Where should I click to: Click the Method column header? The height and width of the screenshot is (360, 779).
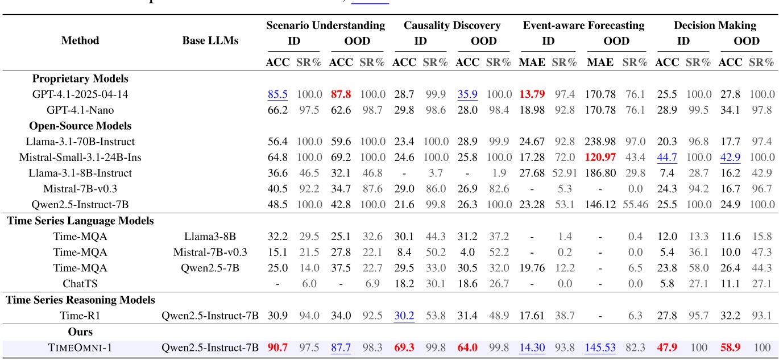click(80, 40)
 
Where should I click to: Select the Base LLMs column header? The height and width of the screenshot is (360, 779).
click(210, 40)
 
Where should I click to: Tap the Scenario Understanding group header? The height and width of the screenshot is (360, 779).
click(325, 26)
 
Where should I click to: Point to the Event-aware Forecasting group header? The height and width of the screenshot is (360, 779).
click(583, 26)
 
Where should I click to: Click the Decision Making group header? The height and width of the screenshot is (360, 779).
click(715, 26)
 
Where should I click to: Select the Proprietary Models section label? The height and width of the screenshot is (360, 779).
click(80, 78)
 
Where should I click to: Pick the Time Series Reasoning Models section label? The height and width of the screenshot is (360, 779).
click(81, 299)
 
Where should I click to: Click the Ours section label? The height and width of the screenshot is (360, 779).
click(80, 331)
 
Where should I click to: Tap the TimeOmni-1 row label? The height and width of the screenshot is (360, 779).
click(80, 347)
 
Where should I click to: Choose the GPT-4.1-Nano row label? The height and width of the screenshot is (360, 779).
click(80, 110)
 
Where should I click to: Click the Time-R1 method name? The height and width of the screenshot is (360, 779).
click(80, 315)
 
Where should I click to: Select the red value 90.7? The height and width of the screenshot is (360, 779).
click(277, 347)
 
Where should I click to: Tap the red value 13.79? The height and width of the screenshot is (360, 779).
click(532, 94)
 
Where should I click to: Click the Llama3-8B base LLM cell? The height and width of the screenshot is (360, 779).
click(210, 235)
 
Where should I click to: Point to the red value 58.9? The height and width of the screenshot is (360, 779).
click(730, 347)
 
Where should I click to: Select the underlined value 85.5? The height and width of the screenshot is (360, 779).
click(277, 94)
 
